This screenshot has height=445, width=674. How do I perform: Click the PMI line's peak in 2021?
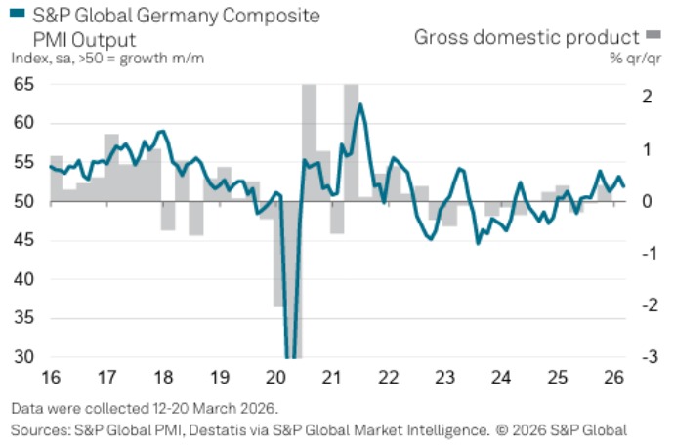[360, 104]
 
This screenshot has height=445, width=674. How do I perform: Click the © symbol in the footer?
[501, 429]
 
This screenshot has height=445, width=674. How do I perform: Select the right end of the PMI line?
[625, 185]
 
